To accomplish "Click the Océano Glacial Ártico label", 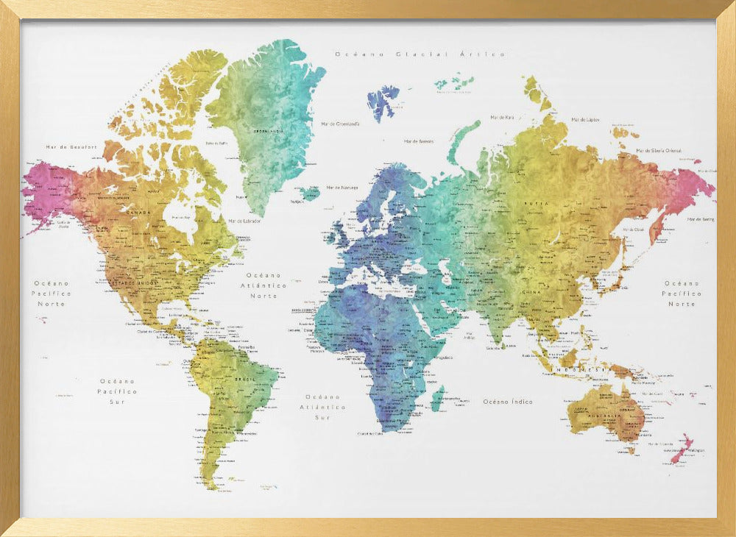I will pyautogui.click(x=420, y=54).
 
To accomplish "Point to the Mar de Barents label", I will pyautogui.click(x=419, y=141).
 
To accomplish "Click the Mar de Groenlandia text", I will pyautogui.click(x=340, y=124).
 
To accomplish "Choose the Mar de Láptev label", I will pyautogui.click(x=585, y=119).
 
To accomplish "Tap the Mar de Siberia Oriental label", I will pyautogui.click(x=659, y=150).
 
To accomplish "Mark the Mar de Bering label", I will pyautogui.click(x=700, y=219).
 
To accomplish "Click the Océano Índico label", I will pyautogui.click(x=508, y=402).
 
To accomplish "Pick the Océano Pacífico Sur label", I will pyautogui.click(x=118, y=391).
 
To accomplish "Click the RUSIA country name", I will pyautogui.click(x=536, y=203).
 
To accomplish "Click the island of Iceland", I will pyautogui.click(x=310, y=193).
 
